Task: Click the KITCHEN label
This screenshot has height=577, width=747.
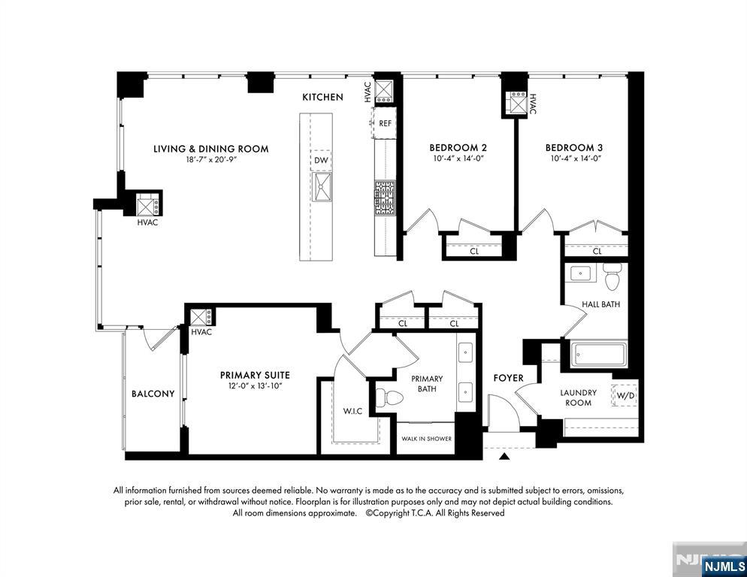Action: (x=322, y=97)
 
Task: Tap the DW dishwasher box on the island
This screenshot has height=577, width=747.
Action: (x=321, y=160)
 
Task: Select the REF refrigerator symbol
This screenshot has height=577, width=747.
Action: (x=384, y=123)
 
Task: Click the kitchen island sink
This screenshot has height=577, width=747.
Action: (x=322, y=187)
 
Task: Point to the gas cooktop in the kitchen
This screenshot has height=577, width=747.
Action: (x=385, y=198)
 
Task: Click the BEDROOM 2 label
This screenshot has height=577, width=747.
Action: (x=458, y=148)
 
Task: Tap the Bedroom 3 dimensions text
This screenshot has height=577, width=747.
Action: (x=576, y=159)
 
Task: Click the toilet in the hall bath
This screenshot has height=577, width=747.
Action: (x=611, y=276)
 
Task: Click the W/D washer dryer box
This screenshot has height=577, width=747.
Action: (x=625, y=395)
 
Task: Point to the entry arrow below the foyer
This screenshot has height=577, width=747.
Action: (x=504, y=457)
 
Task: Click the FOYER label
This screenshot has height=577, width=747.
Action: (x=508, y=378)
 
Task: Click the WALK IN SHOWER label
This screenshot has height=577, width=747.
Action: (x=426, y=438)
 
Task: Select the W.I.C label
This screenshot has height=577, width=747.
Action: (x=352, y=411)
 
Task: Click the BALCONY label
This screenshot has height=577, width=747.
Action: (x=153, y=394)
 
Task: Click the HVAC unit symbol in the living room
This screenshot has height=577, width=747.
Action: (x=148, y=205)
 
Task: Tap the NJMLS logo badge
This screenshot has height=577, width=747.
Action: (x=724, y=566)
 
